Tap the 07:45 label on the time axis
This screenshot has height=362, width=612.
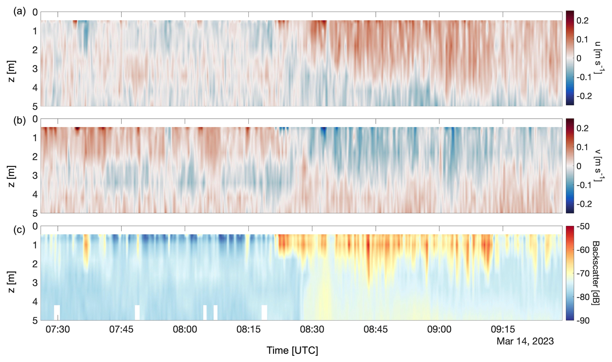click(121, 329)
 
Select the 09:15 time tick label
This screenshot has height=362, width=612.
click(503, 329)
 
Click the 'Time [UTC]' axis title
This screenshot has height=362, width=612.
click(292, 350)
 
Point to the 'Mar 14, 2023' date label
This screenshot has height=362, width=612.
click(525, 341)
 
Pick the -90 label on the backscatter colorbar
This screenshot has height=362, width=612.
click(584, 321)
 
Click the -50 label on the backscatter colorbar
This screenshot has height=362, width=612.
click(584, 226)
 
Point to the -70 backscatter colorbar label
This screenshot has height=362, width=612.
click(584, 273)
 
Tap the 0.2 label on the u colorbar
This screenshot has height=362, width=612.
click(583, 20)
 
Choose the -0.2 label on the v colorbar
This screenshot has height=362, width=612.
click(584, 204)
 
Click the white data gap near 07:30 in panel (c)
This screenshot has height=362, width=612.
click(57, 312)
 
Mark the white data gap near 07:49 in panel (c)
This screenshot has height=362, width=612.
click(137, 312)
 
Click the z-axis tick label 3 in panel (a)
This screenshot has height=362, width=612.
click(35, 69)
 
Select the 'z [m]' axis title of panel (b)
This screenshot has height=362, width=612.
click(12, 176)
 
